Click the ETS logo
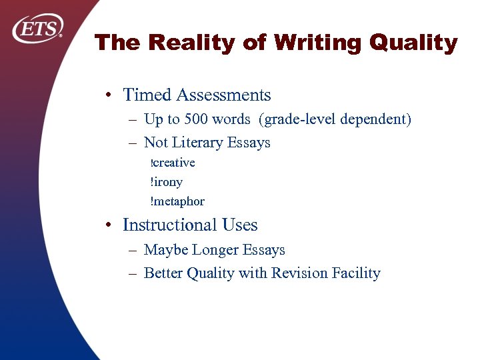[x=37, y=29]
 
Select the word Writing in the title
[x=308, y=43]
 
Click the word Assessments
[x=223, y=95]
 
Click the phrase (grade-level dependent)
[x=337, y=120]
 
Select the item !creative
[x=173, y=163]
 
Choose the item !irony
[x=167, y=182]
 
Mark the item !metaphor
[x=177, y=201]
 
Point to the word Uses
[x=239, y=225]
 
